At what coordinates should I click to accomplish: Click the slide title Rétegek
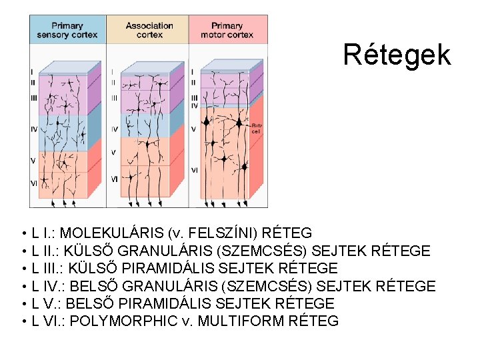point(397,55)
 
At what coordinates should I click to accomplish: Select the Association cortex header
point(149,30)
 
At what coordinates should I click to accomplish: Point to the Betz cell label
point(256,128)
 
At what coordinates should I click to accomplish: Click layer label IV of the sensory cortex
point(33,129)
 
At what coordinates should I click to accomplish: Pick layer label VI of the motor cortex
point(195,171)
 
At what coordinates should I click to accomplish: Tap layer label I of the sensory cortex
point(32,71)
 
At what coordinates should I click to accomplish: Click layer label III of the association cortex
point(114,97)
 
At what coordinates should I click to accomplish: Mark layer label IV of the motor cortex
point(194,105)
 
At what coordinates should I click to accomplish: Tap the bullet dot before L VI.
point(23,322)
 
